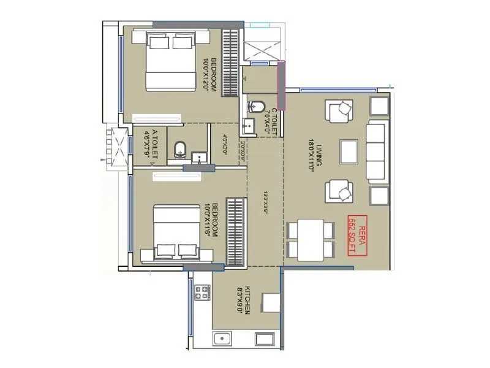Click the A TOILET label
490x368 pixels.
click(150, 145)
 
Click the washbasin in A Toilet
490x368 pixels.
click(200, 158)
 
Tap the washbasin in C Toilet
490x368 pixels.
click(247, 128)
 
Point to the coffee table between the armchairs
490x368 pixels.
click(349, 150)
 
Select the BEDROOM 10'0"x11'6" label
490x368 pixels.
click(209, 220)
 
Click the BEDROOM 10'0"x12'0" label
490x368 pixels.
click(209, 75)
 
